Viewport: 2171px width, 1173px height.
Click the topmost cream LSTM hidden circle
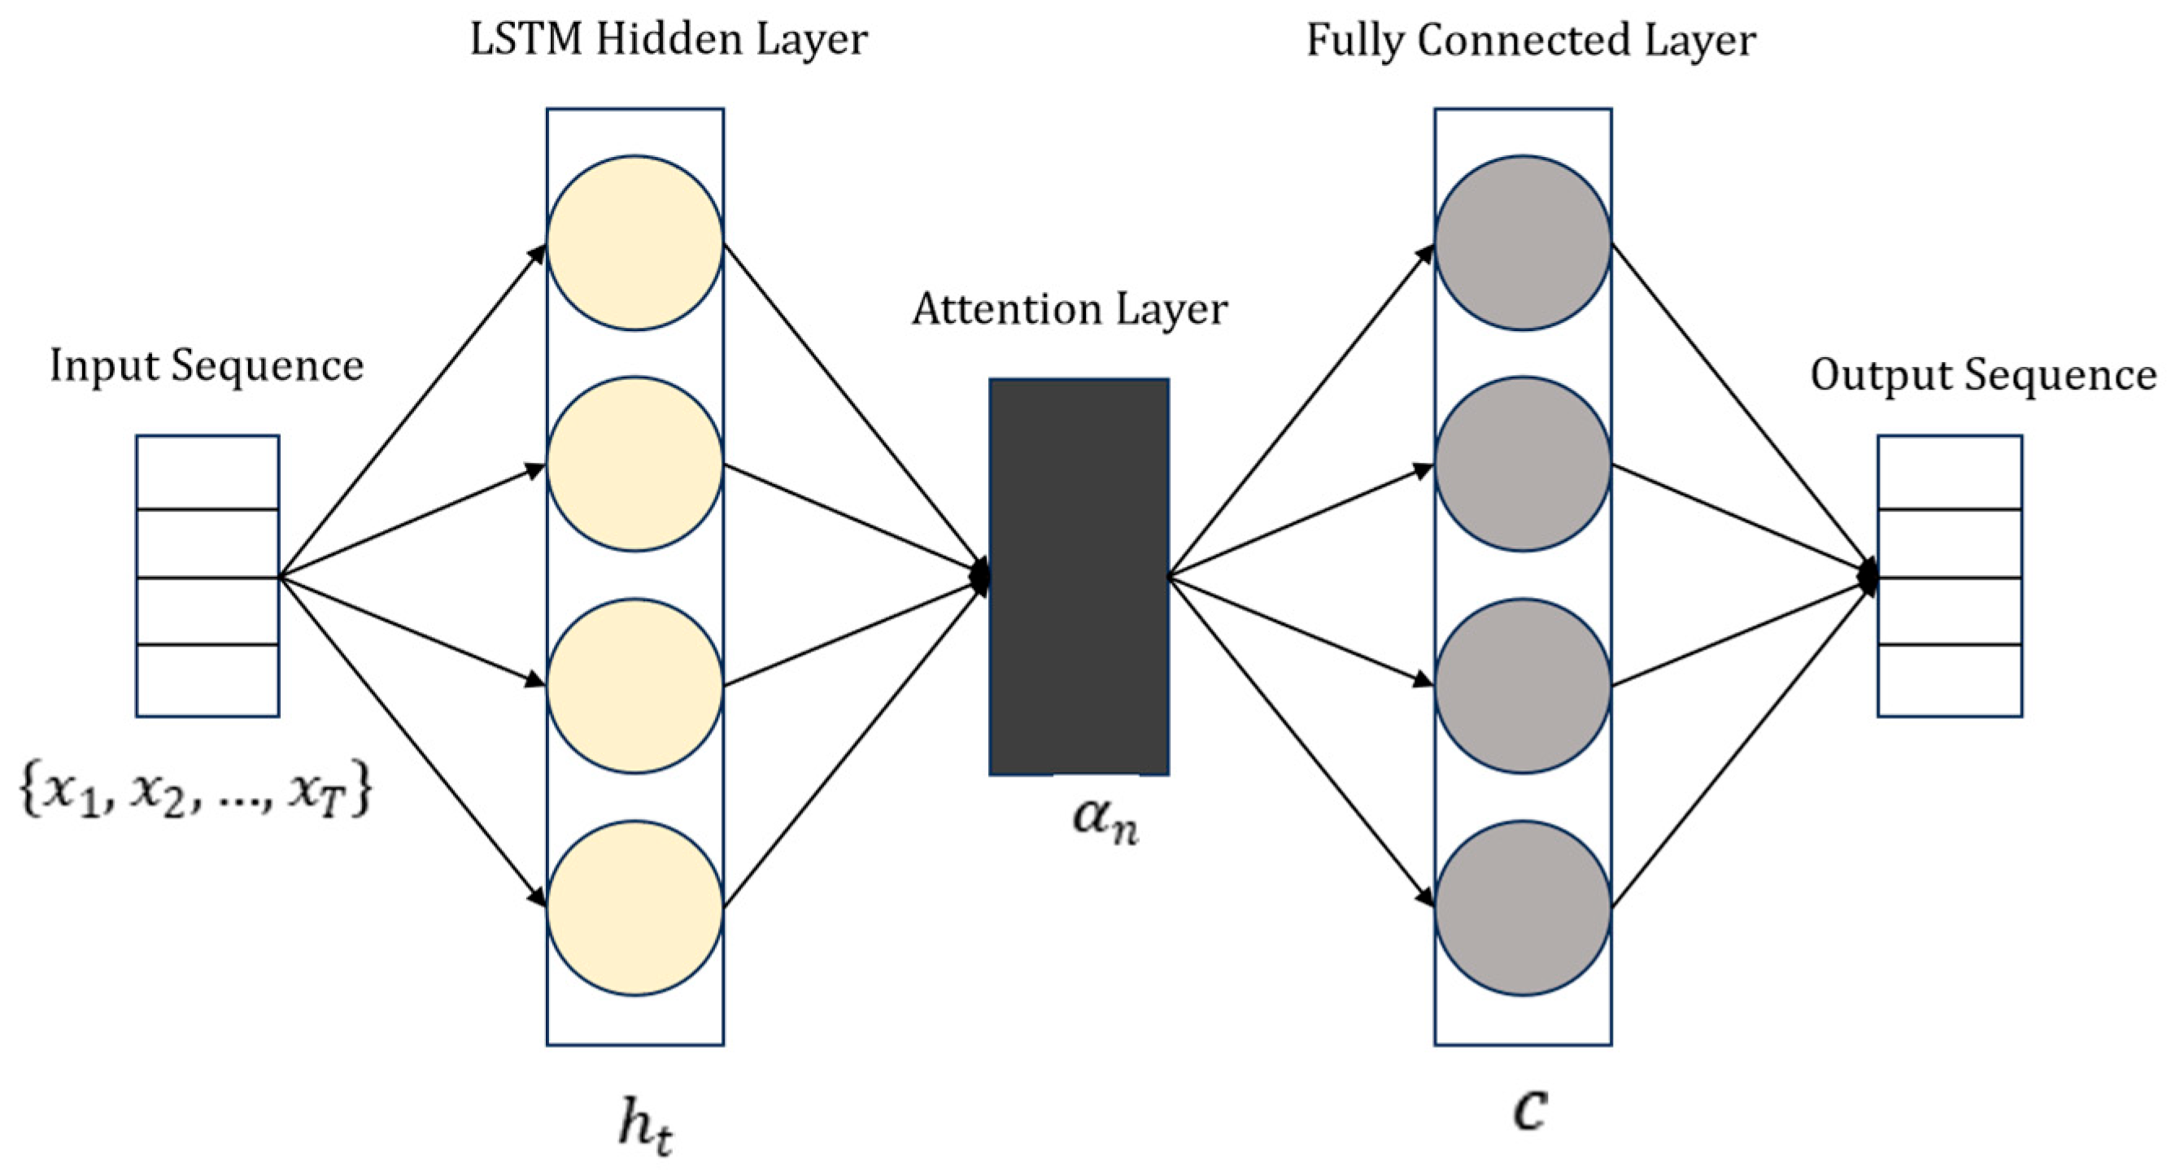pyautogui.click(x=634, y=242)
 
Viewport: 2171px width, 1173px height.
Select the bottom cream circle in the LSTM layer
pyautogui.click(x=634, y=908)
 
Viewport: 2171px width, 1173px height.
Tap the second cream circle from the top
pyautogui.click(x=634, y=464)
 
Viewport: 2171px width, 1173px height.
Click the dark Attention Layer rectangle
pyautogui.click(x=1079, y=577)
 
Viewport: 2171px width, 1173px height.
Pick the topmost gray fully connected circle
pyautogui.click(x=1523, y=242)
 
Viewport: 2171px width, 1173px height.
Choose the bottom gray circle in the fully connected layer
pyautogui.click(x=1523, y=908)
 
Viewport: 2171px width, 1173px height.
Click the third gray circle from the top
pyautogui.click(x=1523, y=686)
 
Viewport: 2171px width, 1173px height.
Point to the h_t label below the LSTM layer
pyautogui.click(x=646, y=1127)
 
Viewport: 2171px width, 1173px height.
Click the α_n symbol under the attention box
pyautogui.click(x=1105, y=819)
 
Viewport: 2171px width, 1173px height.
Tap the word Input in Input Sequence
pyautogui.click(x=103, y=367)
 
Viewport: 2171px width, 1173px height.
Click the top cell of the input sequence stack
pyautogui.click(x=207, y=472)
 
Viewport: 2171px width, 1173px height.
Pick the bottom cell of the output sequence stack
pyautogui.click(x=1950, y=681)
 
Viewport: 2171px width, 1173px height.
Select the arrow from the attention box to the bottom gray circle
pyautogui.click(x=1301, y=742)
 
